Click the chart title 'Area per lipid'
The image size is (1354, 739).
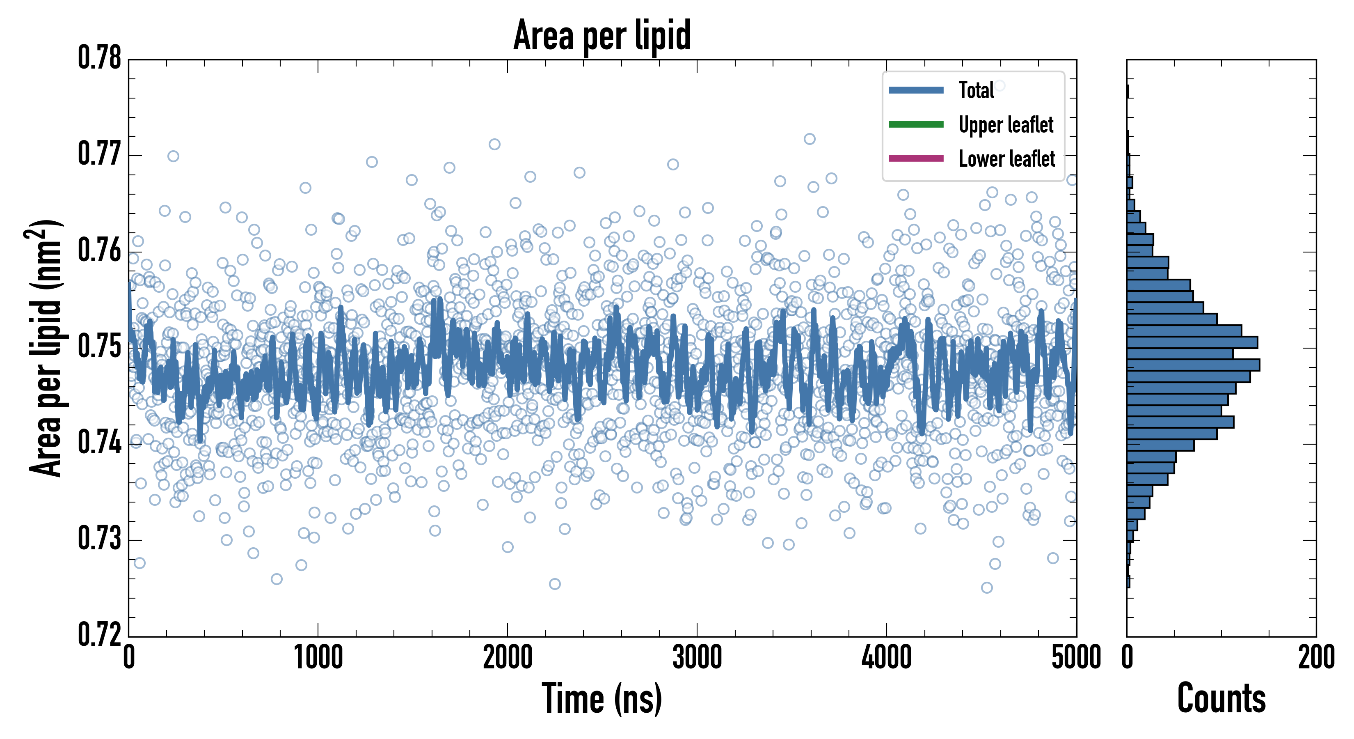[602, 35]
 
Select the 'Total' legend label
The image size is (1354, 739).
[976, 90]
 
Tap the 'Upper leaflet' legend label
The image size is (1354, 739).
[1006, 125]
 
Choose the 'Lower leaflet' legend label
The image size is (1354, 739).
[1006, 158]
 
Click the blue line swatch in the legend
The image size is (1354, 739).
[916, 90]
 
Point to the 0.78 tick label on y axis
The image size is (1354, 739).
[99, 58]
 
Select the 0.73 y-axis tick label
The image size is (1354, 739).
[99, 539]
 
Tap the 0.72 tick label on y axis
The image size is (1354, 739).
[99, 634]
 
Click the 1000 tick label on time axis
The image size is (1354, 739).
[318, 657]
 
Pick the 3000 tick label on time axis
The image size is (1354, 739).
[697, 657]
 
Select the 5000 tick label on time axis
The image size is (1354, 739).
[1075, 657]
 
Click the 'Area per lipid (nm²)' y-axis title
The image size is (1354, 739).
[45, 348]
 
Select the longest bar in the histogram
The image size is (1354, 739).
[1193, 365]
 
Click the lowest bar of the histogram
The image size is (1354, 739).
[1128, 582]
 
